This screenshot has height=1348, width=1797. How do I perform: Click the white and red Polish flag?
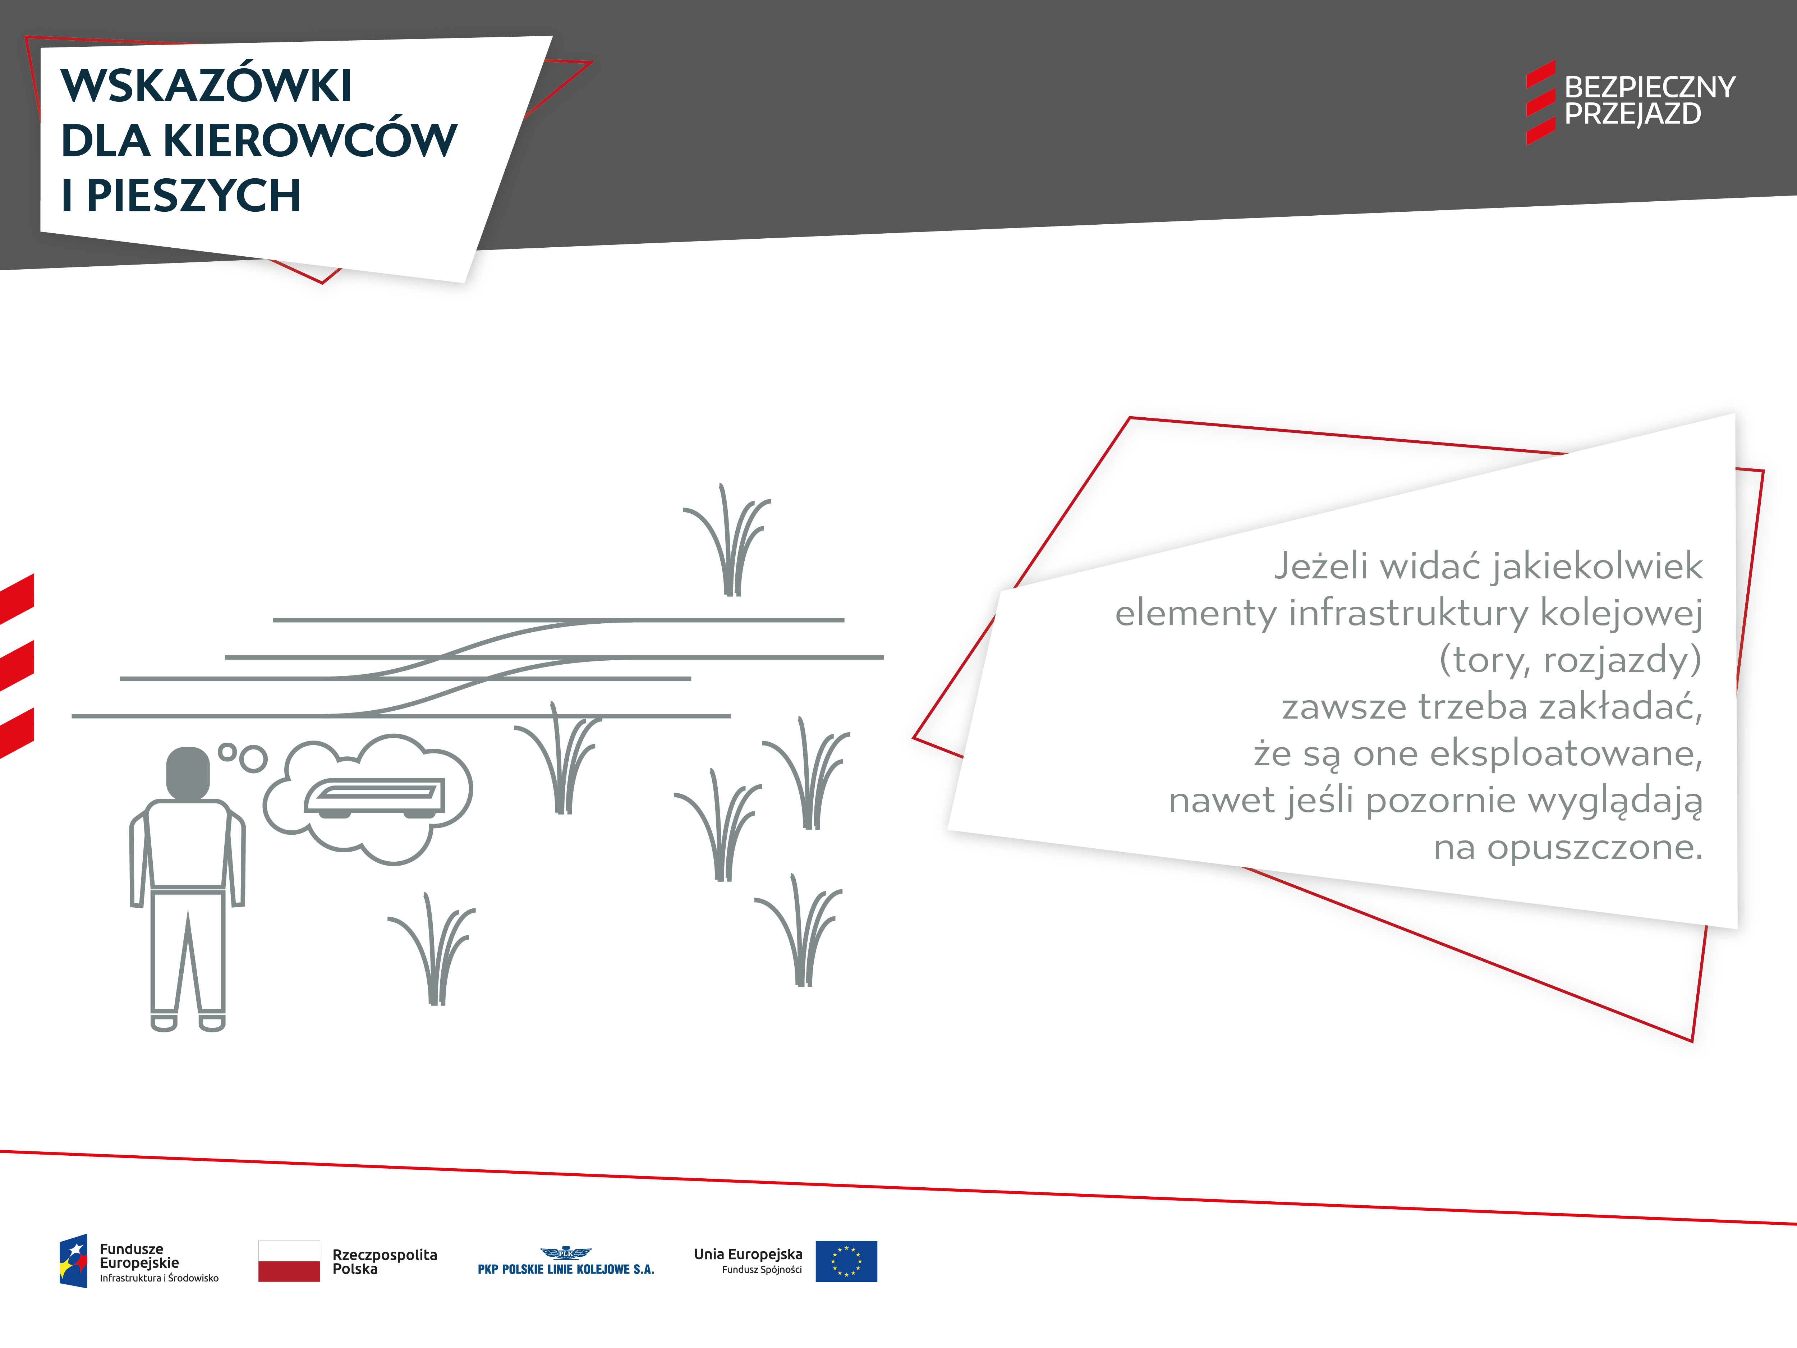[289, 1261]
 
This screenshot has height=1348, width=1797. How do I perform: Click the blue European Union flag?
[846, 1261]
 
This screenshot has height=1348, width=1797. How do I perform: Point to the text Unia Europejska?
[748, 1254]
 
